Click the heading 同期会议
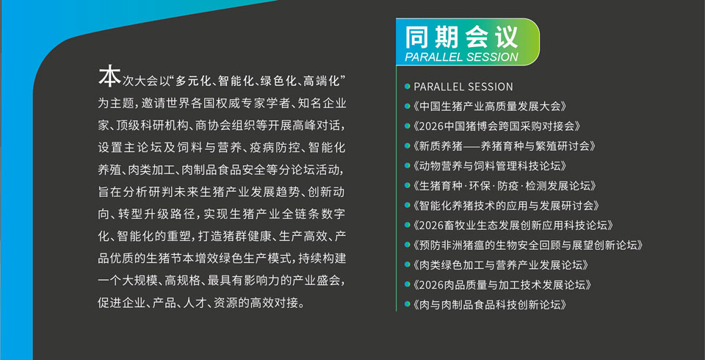click(462, 37)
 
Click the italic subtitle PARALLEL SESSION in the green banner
click(462, 57)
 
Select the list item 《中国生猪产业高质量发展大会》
click(489, 107)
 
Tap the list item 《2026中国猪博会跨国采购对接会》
click(496, 126)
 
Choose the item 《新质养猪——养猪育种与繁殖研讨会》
click(505, 145)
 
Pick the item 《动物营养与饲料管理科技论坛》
click(489, 165)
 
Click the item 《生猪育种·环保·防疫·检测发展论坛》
click(505, 185)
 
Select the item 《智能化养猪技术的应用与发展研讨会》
click(506, 206)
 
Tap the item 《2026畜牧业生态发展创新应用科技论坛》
click(513, 226)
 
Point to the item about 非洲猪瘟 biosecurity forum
click(528, 245)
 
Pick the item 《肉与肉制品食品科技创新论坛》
click(489, 305)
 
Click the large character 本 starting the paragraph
click(109, 76)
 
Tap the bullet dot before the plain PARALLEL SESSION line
click(407, 87)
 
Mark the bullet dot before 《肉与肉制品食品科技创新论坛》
click(407, 305)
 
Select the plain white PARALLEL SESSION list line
click(463, 87)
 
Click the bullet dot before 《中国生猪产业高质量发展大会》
click(407, 107)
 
